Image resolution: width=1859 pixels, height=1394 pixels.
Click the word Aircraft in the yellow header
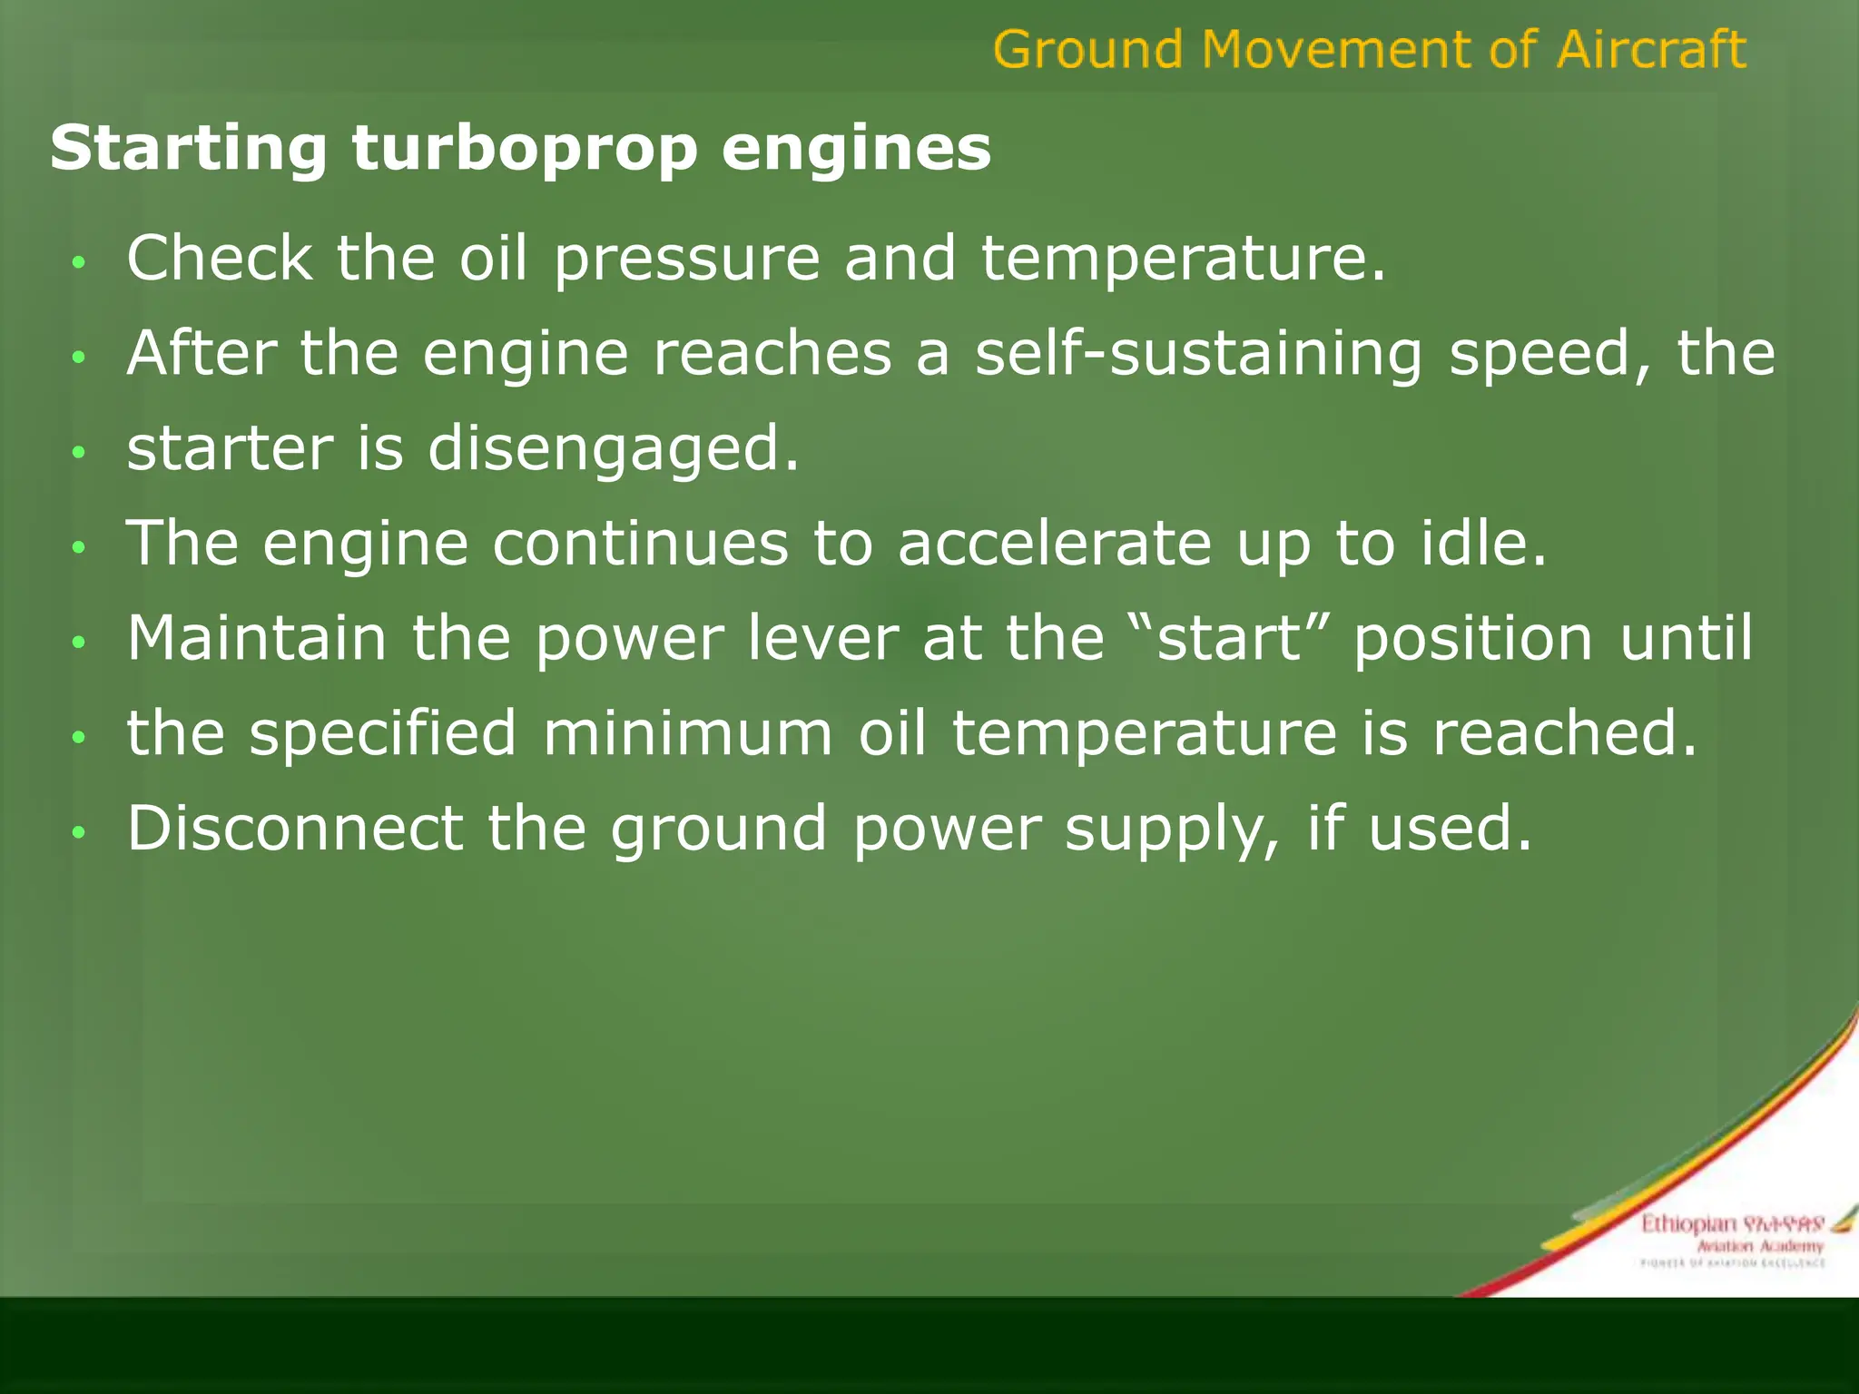[x=1651, y=49]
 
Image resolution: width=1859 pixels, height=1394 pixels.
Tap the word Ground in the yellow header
[x=1087, y=49]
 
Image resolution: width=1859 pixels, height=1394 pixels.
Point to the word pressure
[x=687, y=260]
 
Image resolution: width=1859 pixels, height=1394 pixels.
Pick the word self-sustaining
[x=1198, y=353]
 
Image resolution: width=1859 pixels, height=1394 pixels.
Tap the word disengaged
[x=614, y=450]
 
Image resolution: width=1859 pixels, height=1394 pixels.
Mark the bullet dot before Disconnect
[x=80, y=831]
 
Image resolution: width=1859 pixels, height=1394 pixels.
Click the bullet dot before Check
[x=80, y=262]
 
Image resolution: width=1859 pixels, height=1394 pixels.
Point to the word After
[x=202, y=353]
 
